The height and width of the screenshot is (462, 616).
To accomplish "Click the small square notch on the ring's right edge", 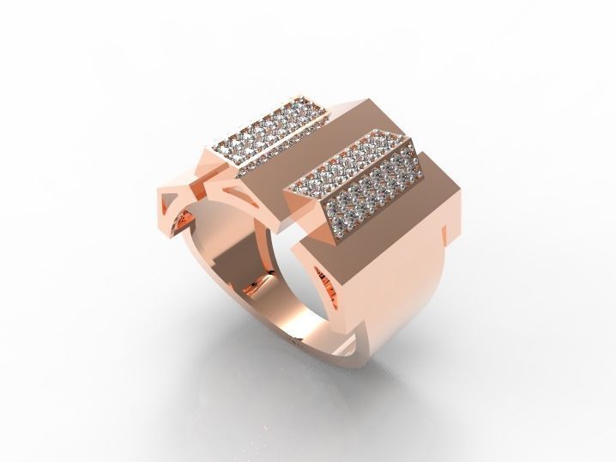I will pos(447,231).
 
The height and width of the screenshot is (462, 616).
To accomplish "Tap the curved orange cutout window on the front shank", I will pos(324,279).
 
